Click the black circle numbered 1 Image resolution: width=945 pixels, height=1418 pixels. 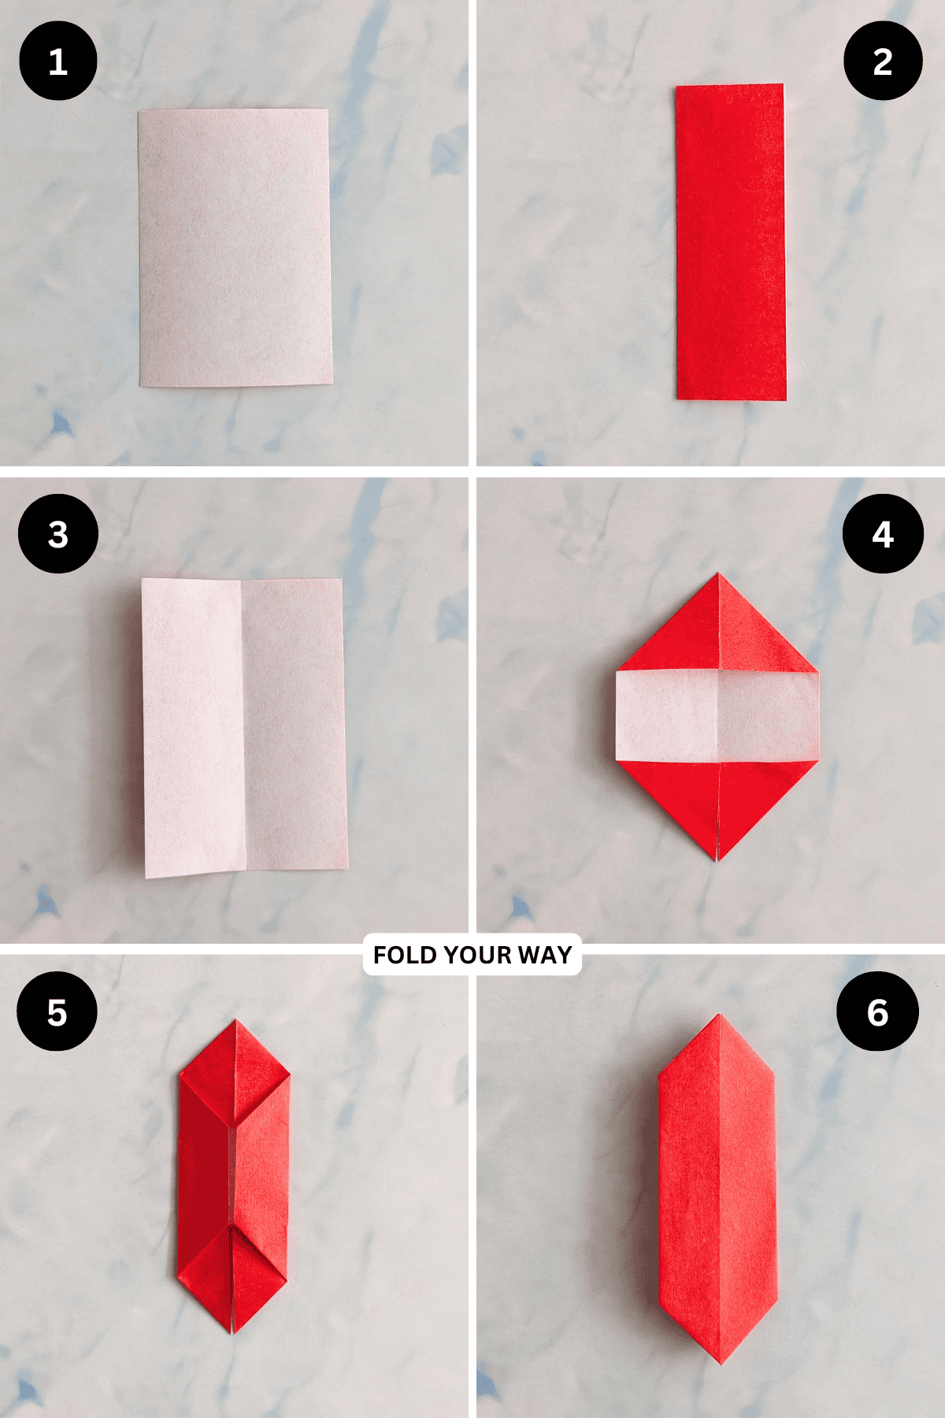57,61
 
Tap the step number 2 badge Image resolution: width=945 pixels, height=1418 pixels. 883,61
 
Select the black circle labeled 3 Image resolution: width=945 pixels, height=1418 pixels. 57,533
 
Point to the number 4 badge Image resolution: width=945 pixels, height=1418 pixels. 883,533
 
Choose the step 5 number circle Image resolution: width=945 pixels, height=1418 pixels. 57,1012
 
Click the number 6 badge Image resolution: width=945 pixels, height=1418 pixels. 877,1012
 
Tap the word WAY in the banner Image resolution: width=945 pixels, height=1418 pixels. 545,955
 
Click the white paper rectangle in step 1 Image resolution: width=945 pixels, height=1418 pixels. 235,248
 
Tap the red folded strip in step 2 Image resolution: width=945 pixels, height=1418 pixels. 730,242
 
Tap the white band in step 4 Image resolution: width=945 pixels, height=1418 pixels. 717,715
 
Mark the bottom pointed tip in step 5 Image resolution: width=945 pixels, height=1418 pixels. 233,1331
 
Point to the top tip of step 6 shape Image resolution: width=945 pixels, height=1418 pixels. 718,1017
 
